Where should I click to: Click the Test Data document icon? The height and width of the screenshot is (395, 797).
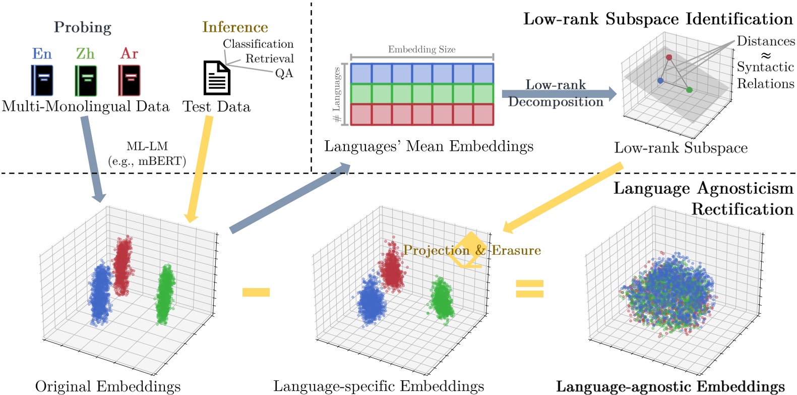point(217,78)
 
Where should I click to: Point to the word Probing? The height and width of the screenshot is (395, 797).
point(83,27)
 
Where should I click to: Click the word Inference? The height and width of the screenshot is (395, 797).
point(235,27)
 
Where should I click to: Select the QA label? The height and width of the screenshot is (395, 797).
point(284,74)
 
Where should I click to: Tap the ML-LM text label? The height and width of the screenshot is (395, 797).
point(147,147)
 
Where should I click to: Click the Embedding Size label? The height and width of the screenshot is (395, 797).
point(421,49)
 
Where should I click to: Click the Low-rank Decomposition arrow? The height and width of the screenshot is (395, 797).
point(559,93)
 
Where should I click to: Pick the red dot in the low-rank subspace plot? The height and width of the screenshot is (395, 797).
point(669,58)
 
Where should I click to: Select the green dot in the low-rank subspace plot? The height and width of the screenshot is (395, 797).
point(689,90)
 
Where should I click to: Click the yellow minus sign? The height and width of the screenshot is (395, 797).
point(256,292)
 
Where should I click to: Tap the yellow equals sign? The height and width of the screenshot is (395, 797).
point(529,289)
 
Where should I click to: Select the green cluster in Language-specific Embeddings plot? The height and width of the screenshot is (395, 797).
point(442,299)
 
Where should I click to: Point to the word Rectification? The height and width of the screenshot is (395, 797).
point(742,209)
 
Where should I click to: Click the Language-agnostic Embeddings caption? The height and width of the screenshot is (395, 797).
point(670,386)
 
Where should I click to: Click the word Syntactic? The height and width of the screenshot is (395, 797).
point(765,67)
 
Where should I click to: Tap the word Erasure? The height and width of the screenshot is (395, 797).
point(516,250)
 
